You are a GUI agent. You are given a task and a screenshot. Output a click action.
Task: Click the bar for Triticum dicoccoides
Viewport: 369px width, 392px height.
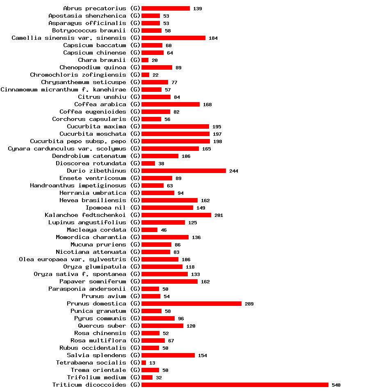tap(235, 385)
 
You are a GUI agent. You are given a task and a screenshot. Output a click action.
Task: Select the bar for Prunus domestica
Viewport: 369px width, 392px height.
tap(191, 303)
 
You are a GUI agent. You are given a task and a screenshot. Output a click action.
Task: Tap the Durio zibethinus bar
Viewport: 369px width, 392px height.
tap(183, 171)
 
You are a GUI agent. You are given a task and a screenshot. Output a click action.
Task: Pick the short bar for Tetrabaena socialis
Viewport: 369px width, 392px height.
tap(143, 362)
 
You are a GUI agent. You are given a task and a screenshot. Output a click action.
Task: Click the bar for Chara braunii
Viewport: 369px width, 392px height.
tap(145, 60)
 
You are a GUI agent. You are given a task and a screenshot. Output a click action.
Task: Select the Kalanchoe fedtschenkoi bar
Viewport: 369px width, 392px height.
tap(176, 215)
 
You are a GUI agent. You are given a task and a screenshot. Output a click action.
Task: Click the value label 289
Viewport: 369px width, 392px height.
tap(249, 304)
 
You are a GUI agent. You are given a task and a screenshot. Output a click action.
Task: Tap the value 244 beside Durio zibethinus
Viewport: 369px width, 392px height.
tap(233, 171)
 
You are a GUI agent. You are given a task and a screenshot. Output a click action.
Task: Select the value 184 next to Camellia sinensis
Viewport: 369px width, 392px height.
tap(213, 38)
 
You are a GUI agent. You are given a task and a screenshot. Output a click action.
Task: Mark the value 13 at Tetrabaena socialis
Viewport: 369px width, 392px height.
tap(152, 363)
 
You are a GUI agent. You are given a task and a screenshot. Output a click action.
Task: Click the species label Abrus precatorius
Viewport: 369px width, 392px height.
tap(95, 8)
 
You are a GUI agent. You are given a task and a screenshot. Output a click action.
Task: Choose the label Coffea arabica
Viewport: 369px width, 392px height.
tap(100, 104)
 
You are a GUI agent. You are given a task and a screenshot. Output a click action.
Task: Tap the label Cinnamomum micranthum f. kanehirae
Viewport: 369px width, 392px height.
tap(64, 89)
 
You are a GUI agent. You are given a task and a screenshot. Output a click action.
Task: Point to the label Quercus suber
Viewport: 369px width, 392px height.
tap(102, 326)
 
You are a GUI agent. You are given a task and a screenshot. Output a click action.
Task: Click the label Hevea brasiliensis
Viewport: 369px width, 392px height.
tap(93, 200)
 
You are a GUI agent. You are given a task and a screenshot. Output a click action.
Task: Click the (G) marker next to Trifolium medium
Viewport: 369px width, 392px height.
tap(135, 377)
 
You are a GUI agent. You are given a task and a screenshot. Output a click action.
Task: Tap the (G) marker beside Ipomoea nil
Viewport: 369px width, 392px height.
tap(135, 207)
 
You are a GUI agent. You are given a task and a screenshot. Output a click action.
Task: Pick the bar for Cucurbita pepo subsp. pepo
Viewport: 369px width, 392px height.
tap(175, 141)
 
